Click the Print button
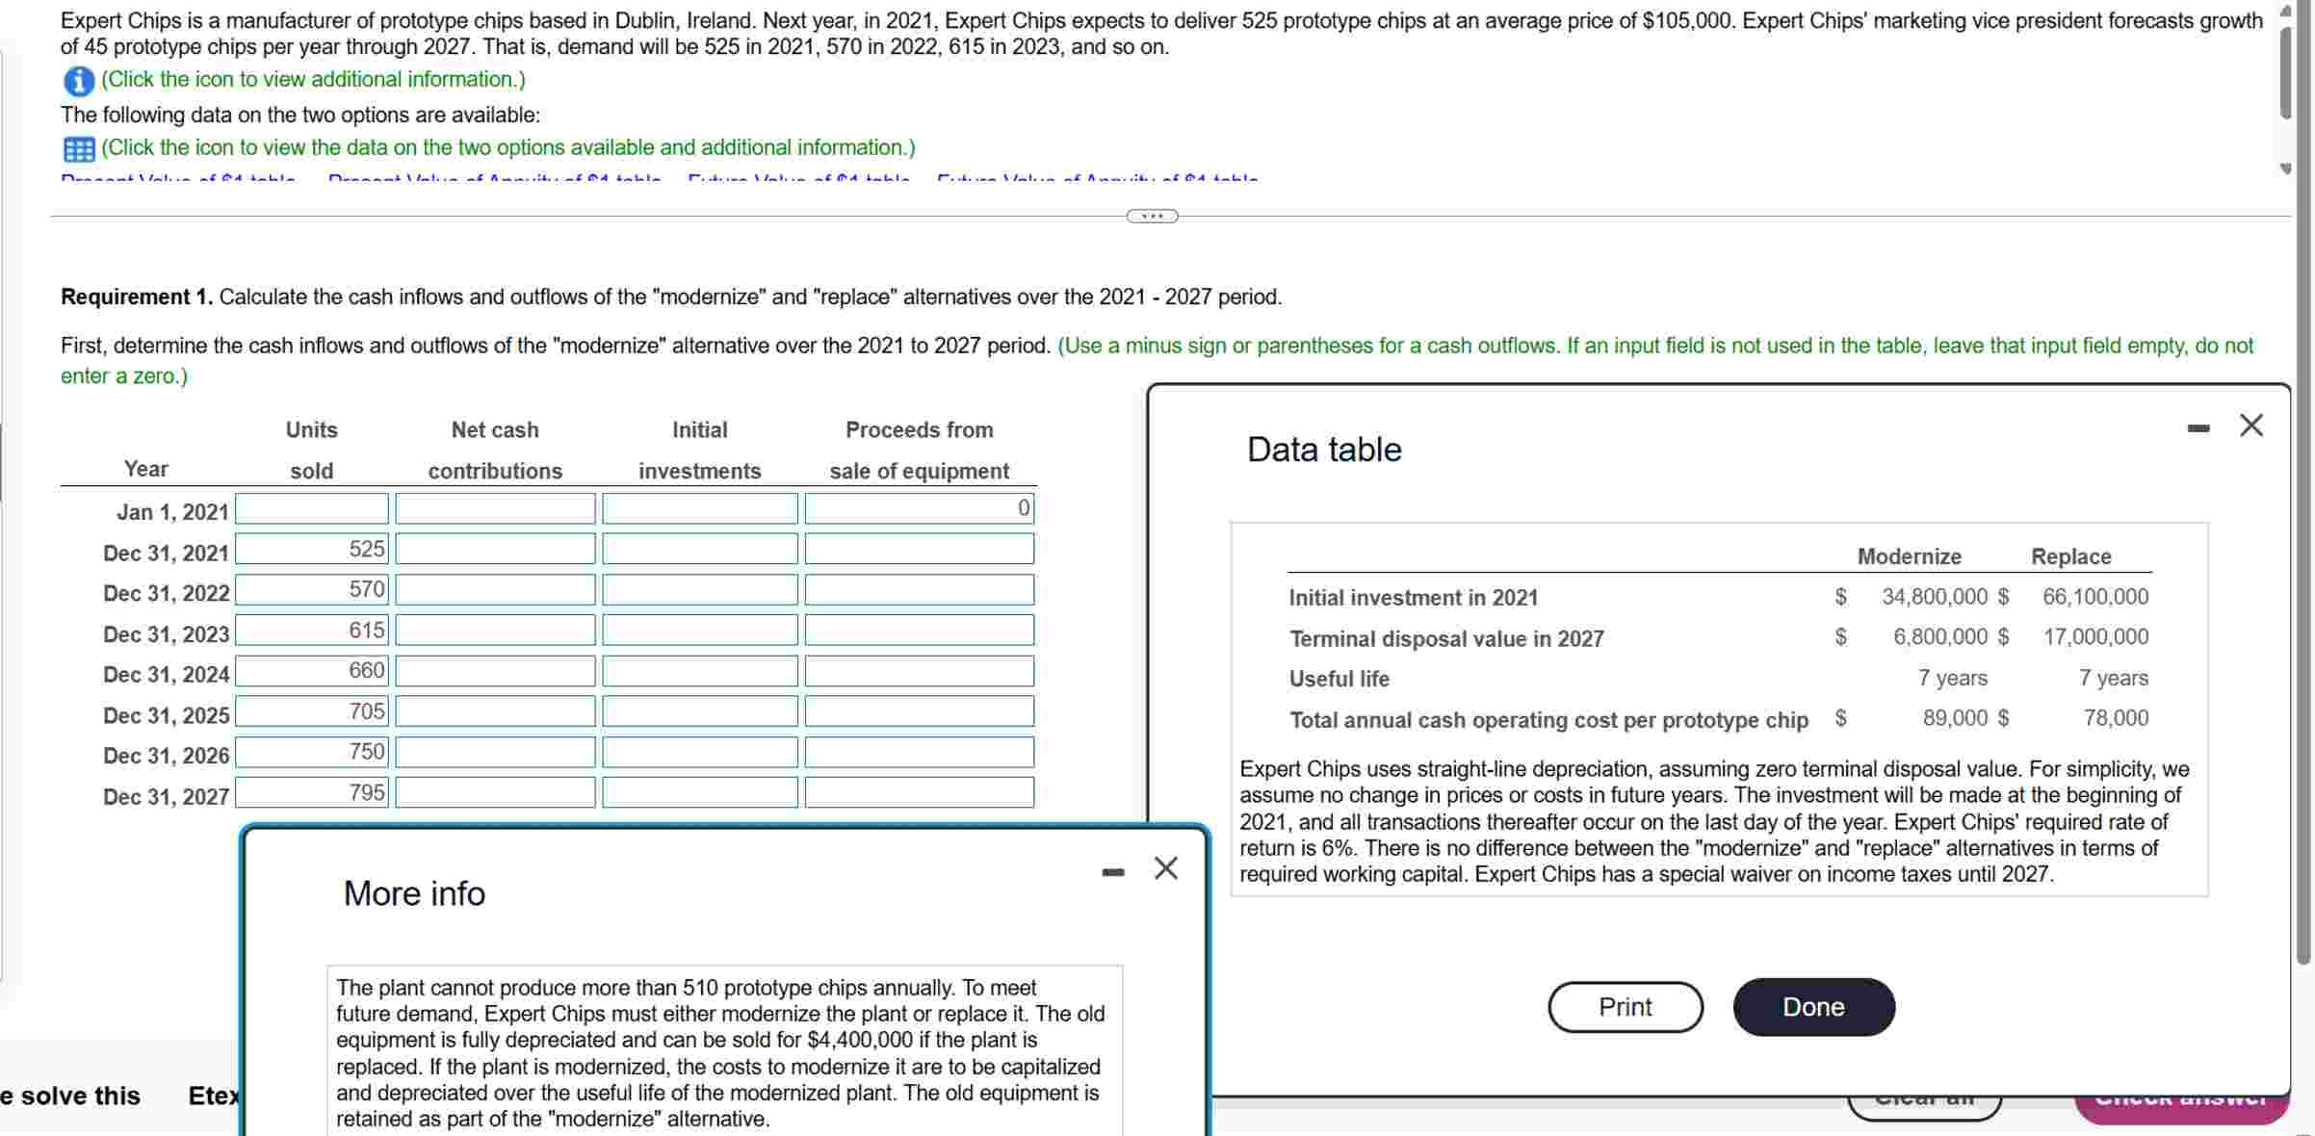[x=1625, y=1007]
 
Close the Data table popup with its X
[x=2251, y=426]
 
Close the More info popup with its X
[x=1166, y=868]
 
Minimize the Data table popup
[x=2198, y=427]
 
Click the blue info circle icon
[x=78, y=81]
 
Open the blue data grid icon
[x=78, y=149]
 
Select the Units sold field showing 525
[x=312, y=549]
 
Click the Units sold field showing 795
[x=312, y=792]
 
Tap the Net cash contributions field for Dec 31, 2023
[x=495, y=631]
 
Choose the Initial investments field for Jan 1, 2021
[x=700, y=508]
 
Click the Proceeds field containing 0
[x=919, y=508]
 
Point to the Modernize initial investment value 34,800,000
[x=1934, y=597]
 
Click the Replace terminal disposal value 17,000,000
[x=2095, y=637]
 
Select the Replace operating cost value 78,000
[x=2116, y=718]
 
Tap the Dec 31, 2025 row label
[x=166, y=715]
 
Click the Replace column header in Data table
[x=2070, y=556]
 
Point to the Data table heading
[x=1324, y=450]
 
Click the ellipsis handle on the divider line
[x=1152, y=216]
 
